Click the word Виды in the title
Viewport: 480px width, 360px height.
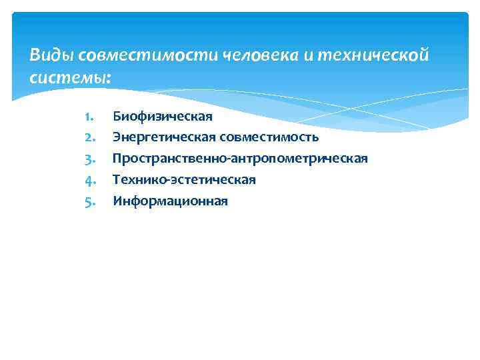point(47,55)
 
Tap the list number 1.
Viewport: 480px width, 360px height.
point(91,117)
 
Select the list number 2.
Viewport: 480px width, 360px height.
point(91,138)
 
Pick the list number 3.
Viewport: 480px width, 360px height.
point(91,159)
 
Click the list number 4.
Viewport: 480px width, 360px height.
point(91,179)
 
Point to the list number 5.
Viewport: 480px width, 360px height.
point(91,201)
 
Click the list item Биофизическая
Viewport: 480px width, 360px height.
point(163,117)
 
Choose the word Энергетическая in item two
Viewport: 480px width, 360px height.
point(164,138)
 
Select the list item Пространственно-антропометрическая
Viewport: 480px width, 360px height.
point(240,159)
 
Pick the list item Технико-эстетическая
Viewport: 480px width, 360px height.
point(184,179)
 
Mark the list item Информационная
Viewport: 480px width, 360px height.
point(170,201)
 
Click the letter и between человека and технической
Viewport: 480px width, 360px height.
point(308,55)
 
